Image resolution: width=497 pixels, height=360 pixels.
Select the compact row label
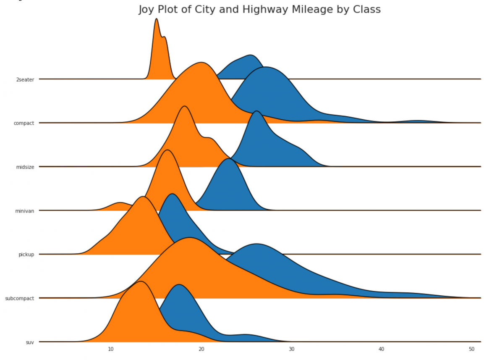[24, 123]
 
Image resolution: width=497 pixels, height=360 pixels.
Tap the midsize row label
[24, 167]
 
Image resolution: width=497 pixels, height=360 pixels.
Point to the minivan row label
[24, 211]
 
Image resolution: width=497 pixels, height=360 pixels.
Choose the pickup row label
[26, 255]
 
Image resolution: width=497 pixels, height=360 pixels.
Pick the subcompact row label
[19, 299]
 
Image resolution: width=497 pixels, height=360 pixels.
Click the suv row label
[29, 342]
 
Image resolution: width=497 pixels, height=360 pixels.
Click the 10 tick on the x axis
[111, 349]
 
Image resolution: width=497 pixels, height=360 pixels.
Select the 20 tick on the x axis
[201, 349]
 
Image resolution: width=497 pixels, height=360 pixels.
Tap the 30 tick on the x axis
[291, 349]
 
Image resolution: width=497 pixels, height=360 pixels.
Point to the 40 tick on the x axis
[382, 349]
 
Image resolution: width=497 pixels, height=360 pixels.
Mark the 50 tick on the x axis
[472, 349]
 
